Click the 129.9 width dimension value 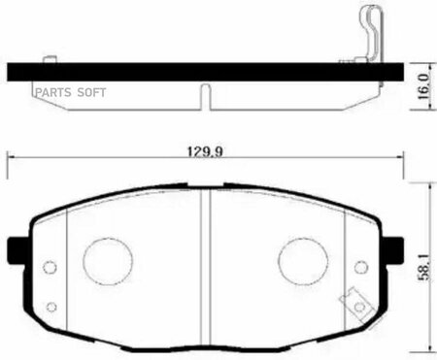pyautogui.click(x=206, y=151)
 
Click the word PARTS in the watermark pyautogui.click(x=53, y=92)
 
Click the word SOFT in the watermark pyautogui.click(x=91, y=92)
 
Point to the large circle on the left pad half pyautogui.click(x=108, y=261)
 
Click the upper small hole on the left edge pyautogui.click(x=50, y=267)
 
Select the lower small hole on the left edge pyautogui.click(x=51, y=307)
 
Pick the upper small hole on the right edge pyautogui.click(x=361, y=267)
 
